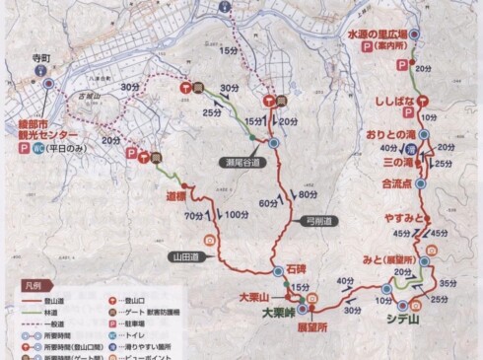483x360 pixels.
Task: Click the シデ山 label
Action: click(402, 318)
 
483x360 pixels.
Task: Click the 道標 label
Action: click(175, 196)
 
